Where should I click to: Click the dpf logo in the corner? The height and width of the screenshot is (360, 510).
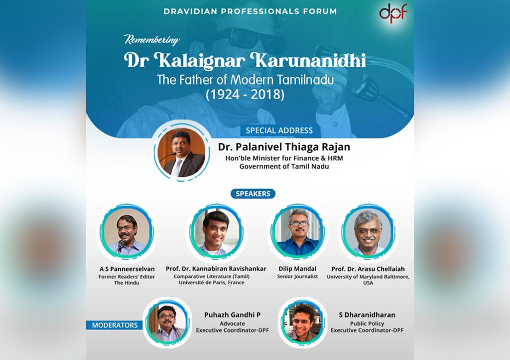point(393,13)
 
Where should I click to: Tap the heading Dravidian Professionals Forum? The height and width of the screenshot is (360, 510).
point(250,11)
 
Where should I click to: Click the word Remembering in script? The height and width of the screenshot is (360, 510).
point(151,40)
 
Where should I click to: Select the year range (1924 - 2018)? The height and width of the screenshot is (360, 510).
point(245,94)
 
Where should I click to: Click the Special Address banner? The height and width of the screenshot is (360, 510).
point(279,130)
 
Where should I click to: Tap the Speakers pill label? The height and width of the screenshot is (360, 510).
point(253,194)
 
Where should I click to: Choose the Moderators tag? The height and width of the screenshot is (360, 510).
point(115,325)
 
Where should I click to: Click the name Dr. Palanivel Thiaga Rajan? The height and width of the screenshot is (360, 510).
point(284,147)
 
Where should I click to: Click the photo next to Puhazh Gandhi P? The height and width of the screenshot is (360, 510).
point(167,323)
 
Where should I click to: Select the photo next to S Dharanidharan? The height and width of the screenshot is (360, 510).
point(302,323)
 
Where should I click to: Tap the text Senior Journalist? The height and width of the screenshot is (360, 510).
point(298,276)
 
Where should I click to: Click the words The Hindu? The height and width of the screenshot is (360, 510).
point(127,283)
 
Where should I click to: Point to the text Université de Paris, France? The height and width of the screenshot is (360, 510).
point(211,283)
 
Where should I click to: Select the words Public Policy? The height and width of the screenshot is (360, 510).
point(367,324)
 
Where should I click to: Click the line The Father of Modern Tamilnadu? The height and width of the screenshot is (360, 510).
point(245,80)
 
